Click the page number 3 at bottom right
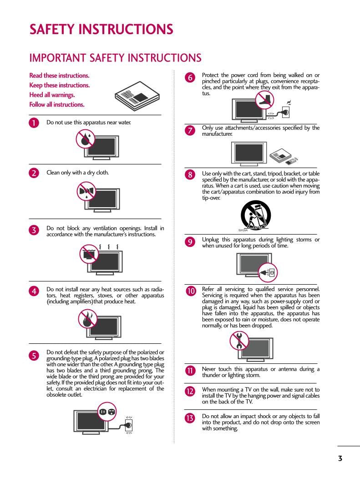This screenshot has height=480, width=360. (x=340, y=459)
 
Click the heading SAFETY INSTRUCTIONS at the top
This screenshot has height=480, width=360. (x=101, y=30)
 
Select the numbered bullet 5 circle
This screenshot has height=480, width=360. (x=34, y=355)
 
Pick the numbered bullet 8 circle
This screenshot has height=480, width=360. (x=190, y=174)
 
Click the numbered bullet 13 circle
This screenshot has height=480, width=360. (x=190, y=418)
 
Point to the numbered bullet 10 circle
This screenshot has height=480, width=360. (x=190, y=291)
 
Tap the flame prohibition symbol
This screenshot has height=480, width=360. (x=86, y=318)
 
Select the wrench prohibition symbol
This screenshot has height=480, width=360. (x=238, y=340)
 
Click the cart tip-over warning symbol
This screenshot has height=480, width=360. (x=255, y=214)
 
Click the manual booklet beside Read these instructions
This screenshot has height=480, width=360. (x=137, y=95)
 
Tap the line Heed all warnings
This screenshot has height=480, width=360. (x=52, y=95)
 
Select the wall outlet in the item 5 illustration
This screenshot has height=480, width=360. (x=129, y=425)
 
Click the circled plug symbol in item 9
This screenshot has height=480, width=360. (x=268, y=272)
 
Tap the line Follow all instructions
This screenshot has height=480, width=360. (x=57, y=104)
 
